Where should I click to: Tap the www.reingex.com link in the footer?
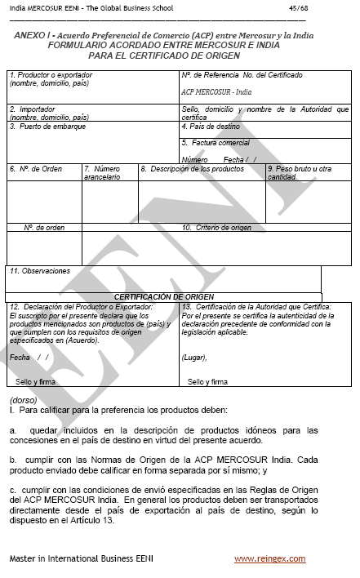coord(269,558)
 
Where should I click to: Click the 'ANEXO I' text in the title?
coord(33,38)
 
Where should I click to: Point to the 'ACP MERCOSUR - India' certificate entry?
coord(217,93)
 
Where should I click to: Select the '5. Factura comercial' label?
coord(216,143)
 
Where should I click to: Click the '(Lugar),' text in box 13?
coord(194,358)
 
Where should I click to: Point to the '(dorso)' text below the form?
coord(23,399)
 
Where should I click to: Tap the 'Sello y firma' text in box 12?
coord(35,381)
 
